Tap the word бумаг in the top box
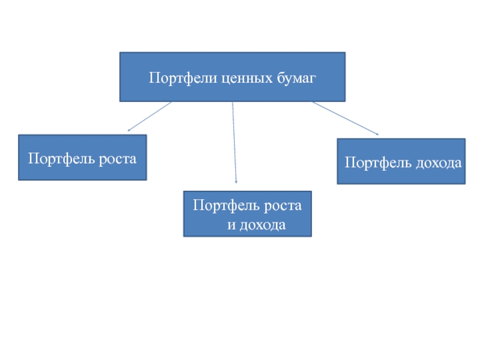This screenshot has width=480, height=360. point(295,78)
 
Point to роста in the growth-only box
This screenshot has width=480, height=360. point(117,159)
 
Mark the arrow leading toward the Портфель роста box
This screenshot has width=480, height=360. point(150,116)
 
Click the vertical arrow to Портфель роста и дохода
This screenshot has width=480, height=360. point(234,141)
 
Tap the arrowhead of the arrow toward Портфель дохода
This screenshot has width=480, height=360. point(377,134)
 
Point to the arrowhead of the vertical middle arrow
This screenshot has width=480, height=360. point(236,181)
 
